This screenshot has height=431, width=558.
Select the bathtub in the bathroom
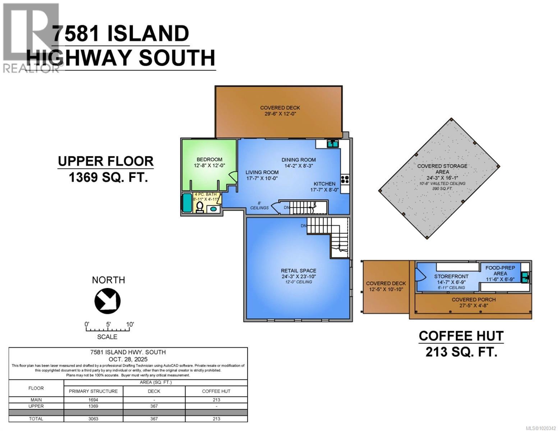click(x=187, y=203)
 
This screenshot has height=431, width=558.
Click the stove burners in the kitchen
click(x=345, y=179)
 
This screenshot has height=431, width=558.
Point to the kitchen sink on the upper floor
click(x=332, y=144)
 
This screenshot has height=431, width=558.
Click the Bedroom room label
click(x=209, y=159)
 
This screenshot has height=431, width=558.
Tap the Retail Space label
click(x=299, y=270)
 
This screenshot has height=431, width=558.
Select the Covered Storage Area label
click(x=442, y=169)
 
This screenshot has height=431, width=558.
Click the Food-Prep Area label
click(x=500, y=270)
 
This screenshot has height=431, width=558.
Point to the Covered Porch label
click(x=474, y=300)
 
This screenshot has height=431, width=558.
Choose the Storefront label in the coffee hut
click(x=451, y=276)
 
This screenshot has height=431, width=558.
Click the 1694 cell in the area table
click(x=93, y=400)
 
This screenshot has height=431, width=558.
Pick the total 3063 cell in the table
click(x=93, y=419)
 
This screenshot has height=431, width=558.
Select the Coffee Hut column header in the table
click(x=216, y=391)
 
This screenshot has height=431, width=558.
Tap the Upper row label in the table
click(x=36, y=406)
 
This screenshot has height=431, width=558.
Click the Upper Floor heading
click(x=106, y=161)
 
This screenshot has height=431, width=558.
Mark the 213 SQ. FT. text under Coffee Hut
click(x=461, y=352)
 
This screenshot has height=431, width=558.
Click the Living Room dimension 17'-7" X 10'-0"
click(x=262, y=178)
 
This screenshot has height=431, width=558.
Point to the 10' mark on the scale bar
click(x=129, y=324)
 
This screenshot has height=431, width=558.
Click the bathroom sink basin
click(x=213, y=209)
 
